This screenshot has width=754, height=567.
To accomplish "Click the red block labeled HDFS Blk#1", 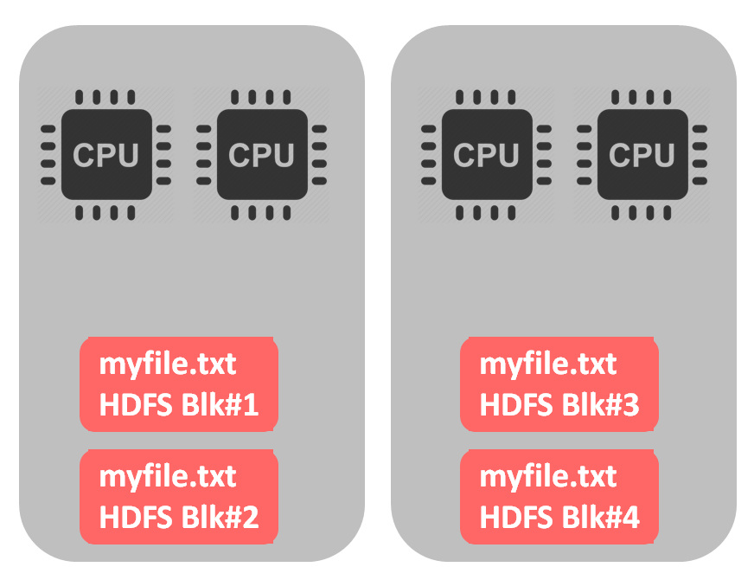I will coord(179,384).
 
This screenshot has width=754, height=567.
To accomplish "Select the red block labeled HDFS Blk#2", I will coord(179,497).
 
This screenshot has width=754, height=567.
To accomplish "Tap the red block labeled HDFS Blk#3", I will coord(559,384).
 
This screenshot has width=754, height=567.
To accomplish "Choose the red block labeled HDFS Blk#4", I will coord(559,497).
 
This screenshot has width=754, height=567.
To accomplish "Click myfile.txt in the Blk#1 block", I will coord(168,364).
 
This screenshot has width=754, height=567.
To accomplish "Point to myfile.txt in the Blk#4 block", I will coord(548,477).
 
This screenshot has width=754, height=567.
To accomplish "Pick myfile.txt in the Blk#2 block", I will coord(168,477).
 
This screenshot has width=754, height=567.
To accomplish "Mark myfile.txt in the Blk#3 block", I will coord(548,364).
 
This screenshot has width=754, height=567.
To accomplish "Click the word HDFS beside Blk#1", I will coord(135,405).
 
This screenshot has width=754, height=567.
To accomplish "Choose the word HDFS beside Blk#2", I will coord(135,518).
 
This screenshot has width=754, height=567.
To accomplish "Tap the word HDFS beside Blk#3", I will coord(515,405).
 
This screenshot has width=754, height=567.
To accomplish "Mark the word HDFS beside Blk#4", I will coord(515,518).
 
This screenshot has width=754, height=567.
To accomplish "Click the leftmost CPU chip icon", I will coord(105,155).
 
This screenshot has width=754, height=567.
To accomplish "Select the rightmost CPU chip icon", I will coord(642,155).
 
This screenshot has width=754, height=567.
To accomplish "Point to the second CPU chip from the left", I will coord(261,155).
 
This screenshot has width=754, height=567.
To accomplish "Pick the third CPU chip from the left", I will coord(486,155).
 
